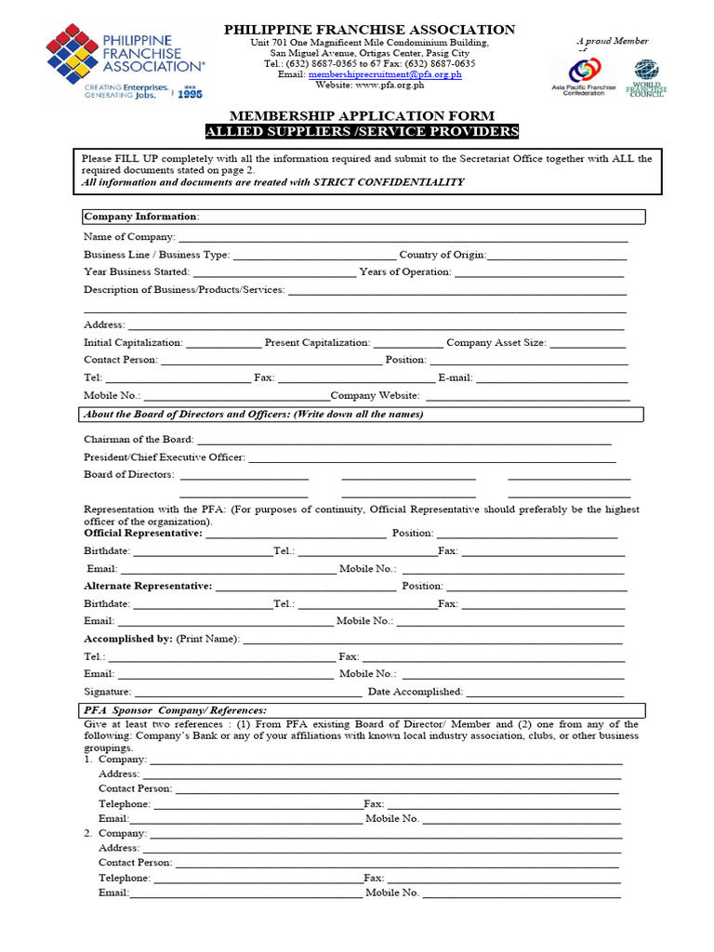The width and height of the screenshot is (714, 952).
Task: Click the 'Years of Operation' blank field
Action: pyautogui.click(x=539, y=272)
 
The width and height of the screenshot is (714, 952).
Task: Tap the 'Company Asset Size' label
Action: pyautogui.click(x=496, y=343)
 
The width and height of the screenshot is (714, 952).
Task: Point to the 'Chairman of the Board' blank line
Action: pyautogui.click(x=404, y=440)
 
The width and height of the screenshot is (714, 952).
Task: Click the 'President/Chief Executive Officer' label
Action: pyautogui.click(x=165, y=457)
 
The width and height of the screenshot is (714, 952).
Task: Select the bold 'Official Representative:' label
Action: pyautogui.click(x=142, y=534)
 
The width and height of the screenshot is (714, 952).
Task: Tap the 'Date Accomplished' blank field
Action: pyautogui.click(x=544, y=693)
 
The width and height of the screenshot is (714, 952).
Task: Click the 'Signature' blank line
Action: pyautogui.click(x=248, y=693)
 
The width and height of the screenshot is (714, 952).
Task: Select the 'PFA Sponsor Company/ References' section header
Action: pyautogui.click(x=175, y=710)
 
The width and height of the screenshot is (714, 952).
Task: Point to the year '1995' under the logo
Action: pyautogui.click(x=190, y=94)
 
